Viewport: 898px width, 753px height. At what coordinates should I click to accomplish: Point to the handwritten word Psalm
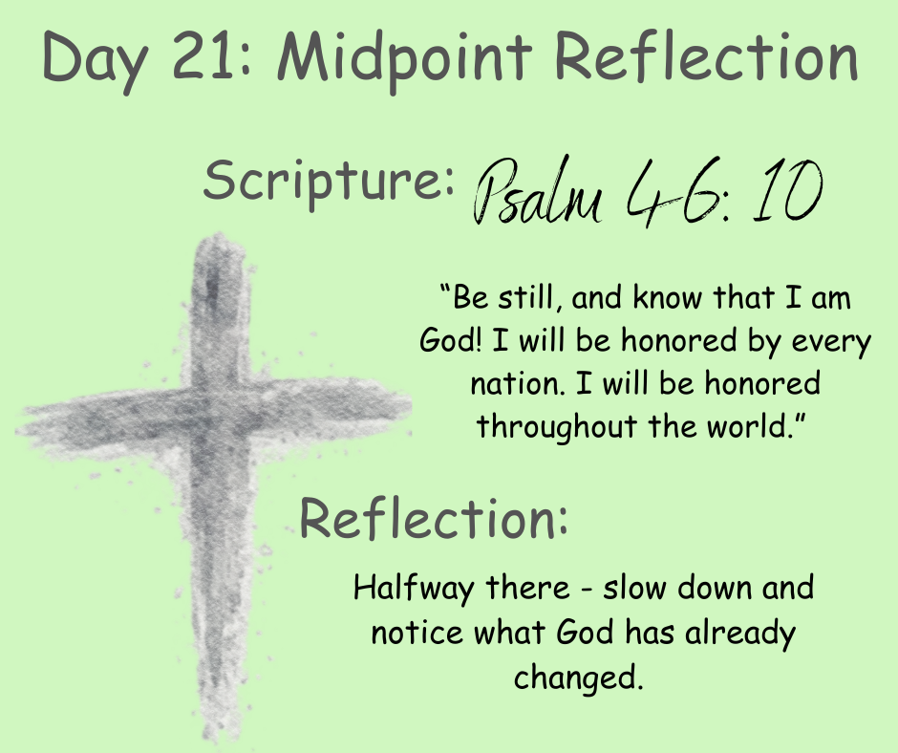coord(537,191)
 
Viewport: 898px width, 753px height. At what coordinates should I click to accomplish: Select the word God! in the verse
coord(451,340)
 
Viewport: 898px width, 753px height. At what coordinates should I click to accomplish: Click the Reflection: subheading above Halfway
coord(434,518)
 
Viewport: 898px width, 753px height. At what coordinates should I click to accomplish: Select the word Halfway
coord(414,589)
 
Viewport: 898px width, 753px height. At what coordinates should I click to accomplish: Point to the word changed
coord(578,677)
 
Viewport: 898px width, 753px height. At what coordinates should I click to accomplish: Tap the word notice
coord(417,633)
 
